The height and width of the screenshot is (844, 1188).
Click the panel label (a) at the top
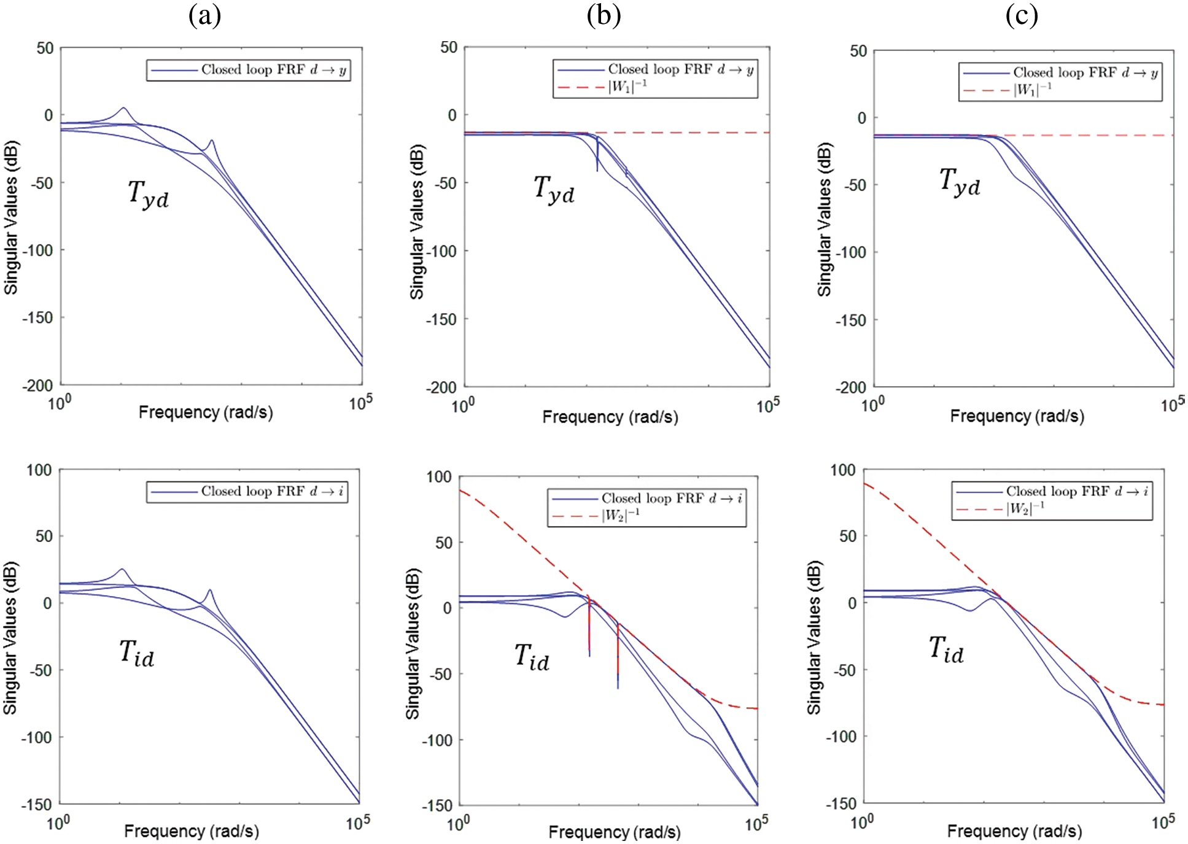click(204, 15)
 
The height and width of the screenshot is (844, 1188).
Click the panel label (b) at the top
click(604, 15)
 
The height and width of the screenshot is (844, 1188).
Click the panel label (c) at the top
click(1021, 15)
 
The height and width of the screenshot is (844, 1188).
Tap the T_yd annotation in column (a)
click(148, 193)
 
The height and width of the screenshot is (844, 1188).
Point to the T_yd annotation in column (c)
click(960, 182)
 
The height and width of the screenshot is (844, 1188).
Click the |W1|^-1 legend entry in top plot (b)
click(627, 87)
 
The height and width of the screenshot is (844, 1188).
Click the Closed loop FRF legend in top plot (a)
click(273, 70)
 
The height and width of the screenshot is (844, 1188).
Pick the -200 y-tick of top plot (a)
click(38, 385)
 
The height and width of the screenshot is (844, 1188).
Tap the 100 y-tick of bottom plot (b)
click(438, 477)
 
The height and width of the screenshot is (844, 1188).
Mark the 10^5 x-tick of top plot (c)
click(1171, 405)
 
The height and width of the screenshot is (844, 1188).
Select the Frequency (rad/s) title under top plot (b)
click(610, 417)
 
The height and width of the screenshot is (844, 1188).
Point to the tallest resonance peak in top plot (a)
click(123, 109)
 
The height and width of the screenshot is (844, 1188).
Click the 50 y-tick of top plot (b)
click(449, 48)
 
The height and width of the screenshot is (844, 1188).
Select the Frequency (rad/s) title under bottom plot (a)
click(192, 831)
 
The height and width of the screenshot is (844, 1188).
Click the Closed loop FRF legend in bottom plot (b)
click(671, 498)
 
